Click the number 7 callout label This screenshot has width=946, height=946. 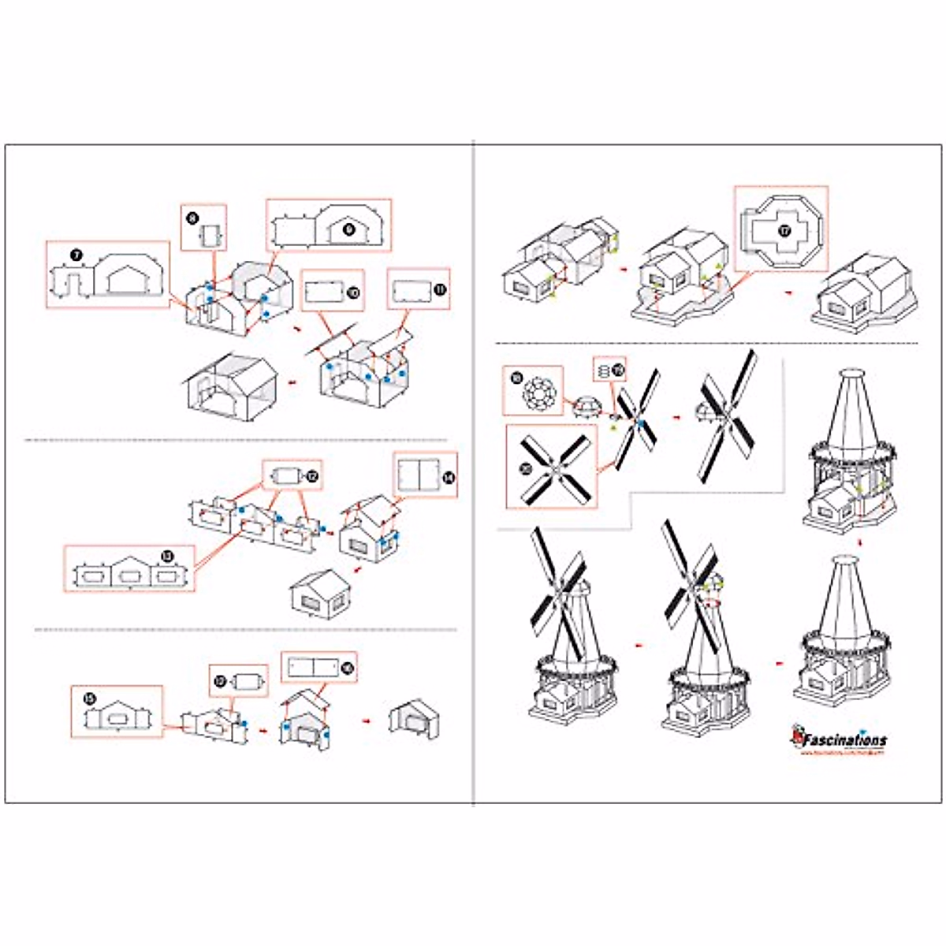76,255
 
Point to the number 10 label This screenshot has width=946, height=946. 352,292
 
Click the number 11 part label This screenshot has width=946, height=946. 439,290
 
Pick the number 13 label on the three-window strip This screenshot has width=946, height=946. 166,557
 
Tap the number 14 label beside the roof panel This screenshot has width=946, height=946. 448,478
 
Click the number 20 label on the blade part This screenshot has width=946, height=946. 526,467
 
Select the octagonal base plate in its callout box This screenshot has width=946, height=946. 780,230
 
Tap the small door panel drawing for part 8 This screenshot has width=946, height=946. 211,234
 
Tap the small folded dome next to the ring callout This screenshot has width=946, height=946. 585,407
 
